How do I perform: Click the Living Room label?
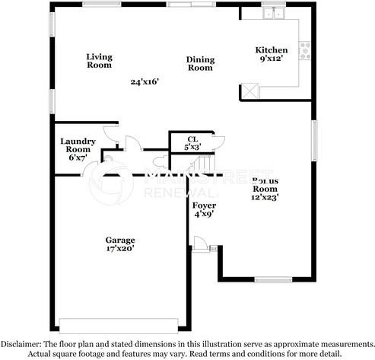(x=98, y=61)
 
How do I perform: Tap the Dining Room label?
(x=200, y=64)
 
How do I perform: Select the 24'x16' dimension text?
(x=144, y=81)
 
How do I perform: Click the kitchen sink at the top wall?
(x=272, y=14)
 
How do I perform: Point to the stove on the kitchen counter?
(x=306, y=51)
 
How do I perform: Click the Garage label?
(x=120, y=241)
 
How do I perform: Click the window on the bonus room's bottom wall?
(x=273, y=280)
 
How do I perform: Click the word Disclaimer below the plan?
(x=27, y=344)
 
